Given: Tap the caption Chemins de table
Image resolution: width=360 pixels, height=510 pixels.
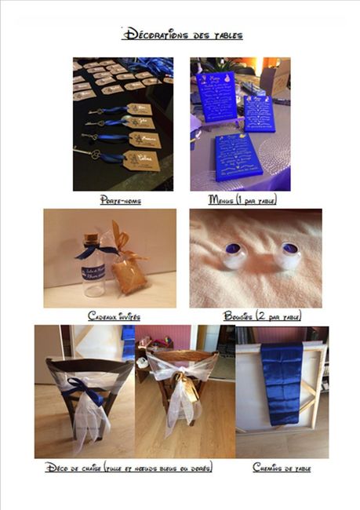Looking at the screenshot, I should (x=282, y=468).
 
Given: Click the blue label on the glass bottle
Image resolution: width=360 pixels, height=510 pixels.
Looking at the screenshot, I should (x=93, y=273).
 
